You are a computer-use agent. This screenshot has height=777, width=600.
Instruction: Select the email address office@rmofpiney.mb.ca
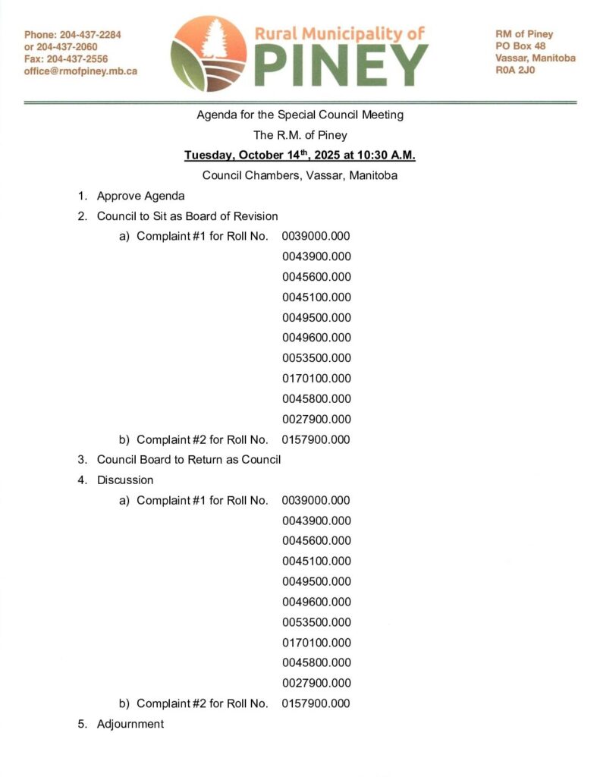[x=80, y=71]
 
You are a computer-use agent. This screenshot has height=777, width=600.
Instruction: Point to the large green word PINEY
[x=341, y=64]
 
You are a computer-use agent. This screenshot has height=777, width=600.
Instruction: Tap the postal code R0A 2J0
[x=512, y=71]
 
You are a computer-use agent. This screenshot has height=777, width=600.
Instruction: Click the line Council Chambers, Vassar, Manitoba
[x=300, y=175]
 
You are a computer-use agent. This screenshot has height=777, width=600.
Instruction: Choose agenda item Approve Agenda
[x=140, y=196]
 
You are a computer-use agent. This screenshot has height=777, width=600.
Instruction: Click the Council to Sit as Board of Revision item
[x=187, y=216]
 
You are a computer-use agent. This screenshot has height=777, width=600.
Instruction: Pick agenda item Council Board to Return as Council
[x=188, y=459]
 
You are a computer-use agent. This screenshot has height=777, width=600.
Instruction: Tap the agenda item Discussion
[x=124, y=480]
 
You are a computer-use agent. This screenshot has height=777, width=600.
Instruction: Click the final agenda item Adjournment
[x=130, y=724]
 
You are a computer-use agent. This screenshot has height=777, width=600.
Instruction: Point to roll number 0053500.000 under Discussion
[x=316, y=622]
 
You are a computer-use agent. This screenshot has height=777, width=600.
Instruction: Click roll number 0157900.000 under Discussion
[x=316, y=703]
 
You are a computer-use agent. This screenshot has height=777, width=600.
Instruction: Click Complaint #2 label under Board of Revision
[x=202, y=439]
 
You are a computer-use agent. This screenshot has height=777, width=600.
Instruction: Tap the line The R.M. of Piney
[x=300, y=135]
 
